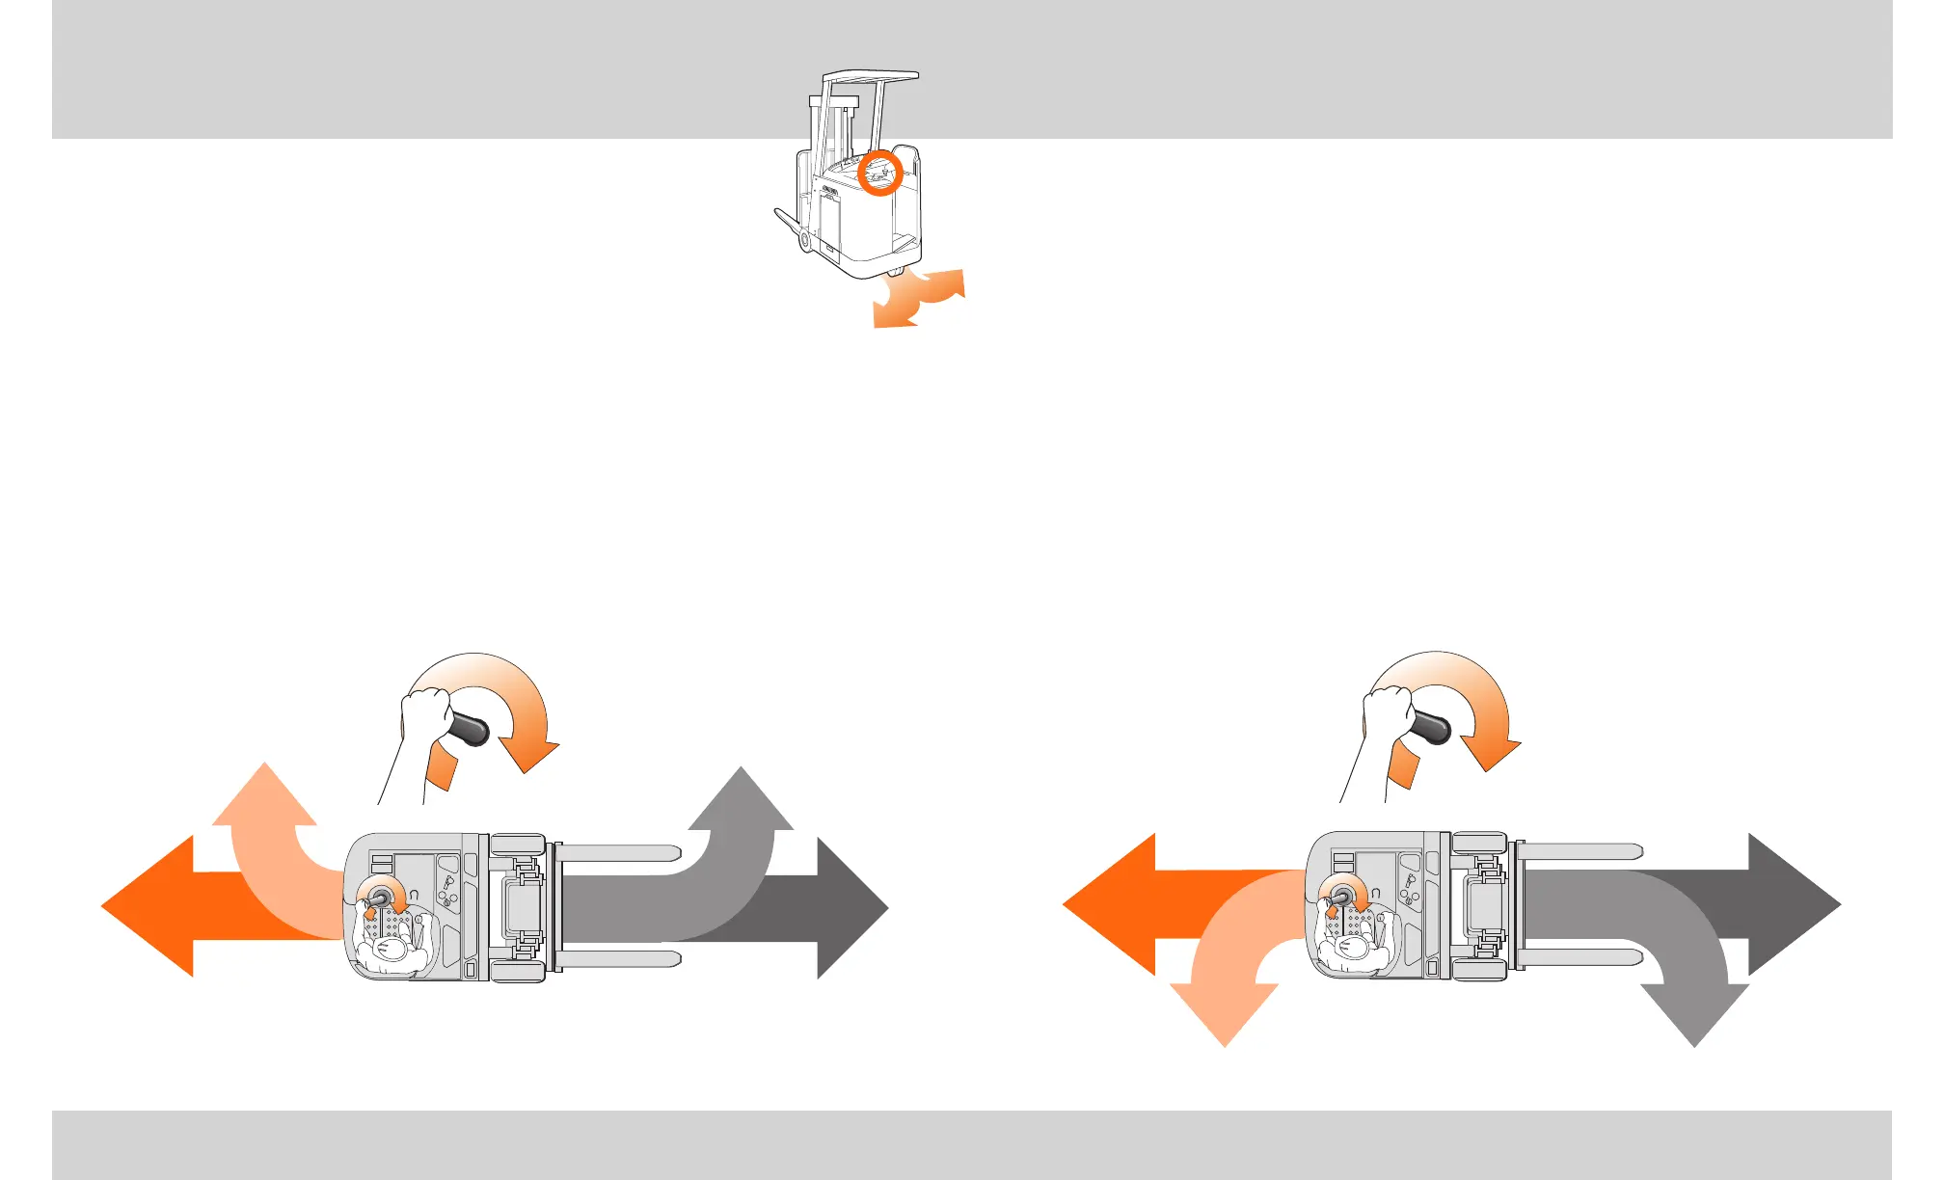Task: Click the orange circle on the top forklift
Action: click(879, 172)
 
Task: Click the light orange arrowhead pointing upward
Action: click(264, 796)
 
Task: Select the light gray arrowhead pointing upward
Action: click(741, 800)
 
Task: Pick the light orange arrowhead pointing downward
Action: click(1225, 1012)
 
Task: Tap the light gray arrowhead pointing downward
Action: click(1694, 1012)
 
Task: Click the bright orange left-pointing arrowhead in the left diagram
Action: click(149, 906)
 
